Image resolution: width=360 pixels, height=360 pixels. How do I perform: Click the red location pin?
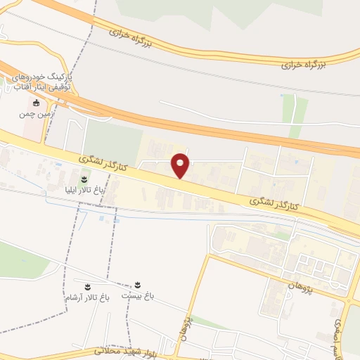[181, 165]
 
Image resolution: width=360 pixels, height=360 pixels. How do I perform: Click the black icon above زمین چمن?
[37, 103]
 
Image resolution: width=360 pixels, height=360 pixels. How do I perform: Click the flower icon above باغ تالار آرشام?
[87, 286]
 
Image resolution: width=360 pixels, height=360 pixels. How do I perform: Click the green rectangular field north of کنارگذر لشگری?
[112, 145]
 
